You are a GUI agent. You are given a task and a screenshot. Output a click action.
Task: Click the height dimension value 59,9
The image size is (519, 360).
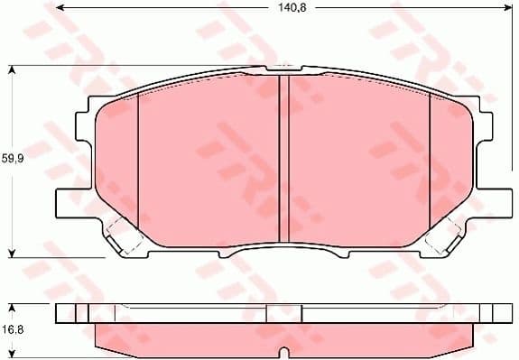11,159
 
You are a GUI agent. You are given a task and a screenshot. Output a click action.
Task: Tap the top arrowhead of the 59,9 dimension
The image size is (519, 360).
12,69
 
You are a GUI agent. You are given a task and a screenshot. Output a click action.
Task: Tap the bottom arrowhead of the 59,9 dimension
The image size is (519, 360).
12,252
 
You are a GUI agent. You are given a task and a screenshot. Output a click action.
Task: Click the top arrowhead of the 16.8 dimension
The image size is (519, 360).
12,304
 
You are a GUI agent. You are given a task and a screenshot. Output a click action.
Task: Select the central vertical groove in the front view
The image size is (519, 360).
283,159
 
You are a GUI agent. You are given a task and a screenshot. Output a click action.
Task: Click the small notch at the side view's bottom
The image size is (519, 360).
283,351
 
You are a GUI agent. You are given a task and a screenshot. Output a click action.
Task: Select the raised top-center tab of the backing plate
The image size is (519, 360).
282,69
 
